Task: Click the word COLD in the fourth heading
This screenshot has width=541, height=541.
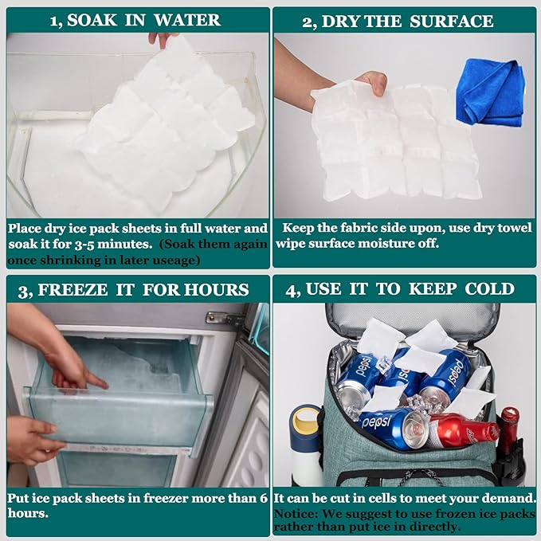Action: [x=488, y=288]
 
